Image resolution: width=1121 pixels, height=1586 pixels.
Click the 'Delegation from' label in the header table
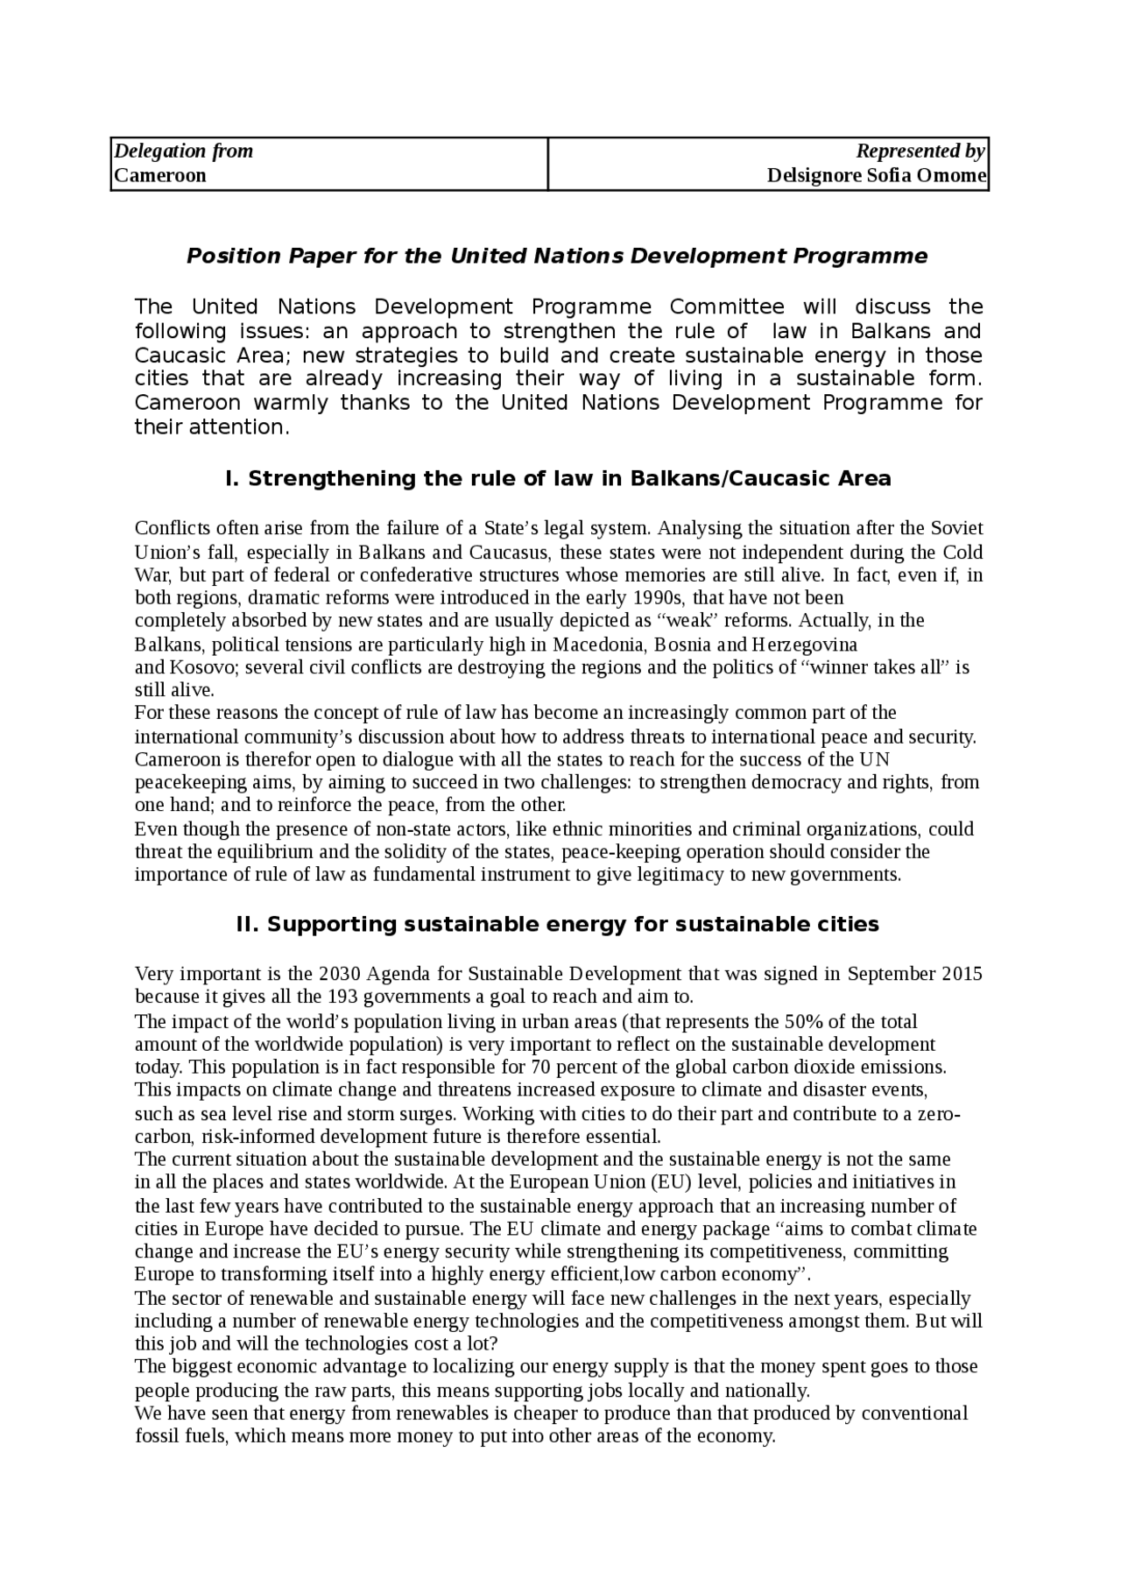(x=183, y=151)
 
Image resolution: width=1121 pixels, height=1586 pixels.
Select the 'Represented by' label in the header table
(x=920, y=151)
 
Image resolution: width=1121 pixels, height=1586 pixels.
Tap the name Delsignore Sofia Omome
(x=877, y=175)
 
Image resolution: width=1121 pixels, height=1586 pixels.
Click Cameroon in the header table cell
(x=160, y=175)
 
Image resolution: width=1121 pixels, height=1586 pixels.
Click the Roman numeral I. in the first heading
(x=232, y=478)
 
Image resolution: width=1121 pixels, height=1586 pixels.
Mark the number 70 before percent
(x=540, y=1067)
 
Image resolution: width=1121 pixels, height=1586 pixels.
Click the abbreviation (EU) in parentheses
(x=673, y=1182)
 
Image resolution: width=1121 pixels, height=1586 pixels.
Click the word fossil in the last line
(x=157, y=1436)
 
